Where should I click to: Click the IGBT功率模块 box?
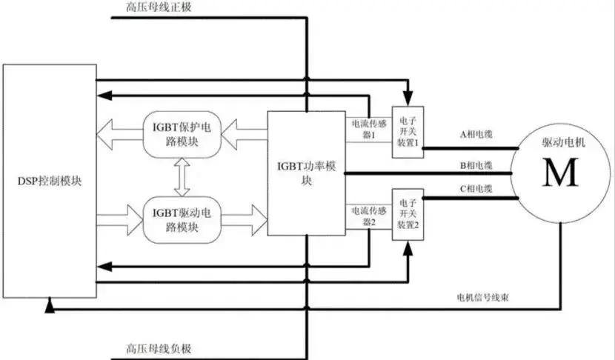click(305, 174)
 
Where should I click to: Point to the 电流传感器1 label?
click(365, 130)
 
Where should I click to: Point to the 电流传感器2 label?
click(365, 216)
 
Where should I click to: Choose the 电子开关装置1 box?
click(408, 130)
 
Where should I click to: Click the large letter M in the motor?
click(561, 175)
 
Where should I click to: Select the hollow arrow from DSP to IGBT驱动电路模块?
click(122, 220)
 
